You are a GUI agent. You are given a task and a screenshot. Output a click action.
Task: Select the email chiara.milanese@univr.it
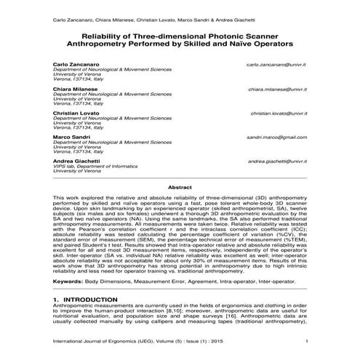pyautogui.click(x=277, y=89)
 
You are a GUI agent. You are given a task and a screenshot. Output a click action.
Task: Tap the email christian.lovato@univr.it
pyautogui.click(x=278, y=114)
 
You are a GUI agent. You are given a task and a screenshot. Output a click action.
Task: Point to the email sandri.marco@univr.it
pyautogui.click(x=276, y=137)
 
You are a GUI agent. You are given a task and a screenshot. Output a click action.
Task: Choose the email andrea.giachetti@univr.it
pyautogui.click(x=276, y=161)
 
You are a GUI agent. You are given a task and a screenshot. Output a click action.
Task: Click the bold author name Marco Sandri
pyautogui.click(x=71, y=137)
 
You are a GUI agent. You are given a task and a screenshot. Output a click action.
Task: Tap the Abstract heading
pyautogui.click(x=180, y=188)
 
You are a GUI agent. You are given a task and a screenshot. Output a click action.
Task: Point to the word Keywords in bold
pyautogui.click(x=71, y=280)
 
